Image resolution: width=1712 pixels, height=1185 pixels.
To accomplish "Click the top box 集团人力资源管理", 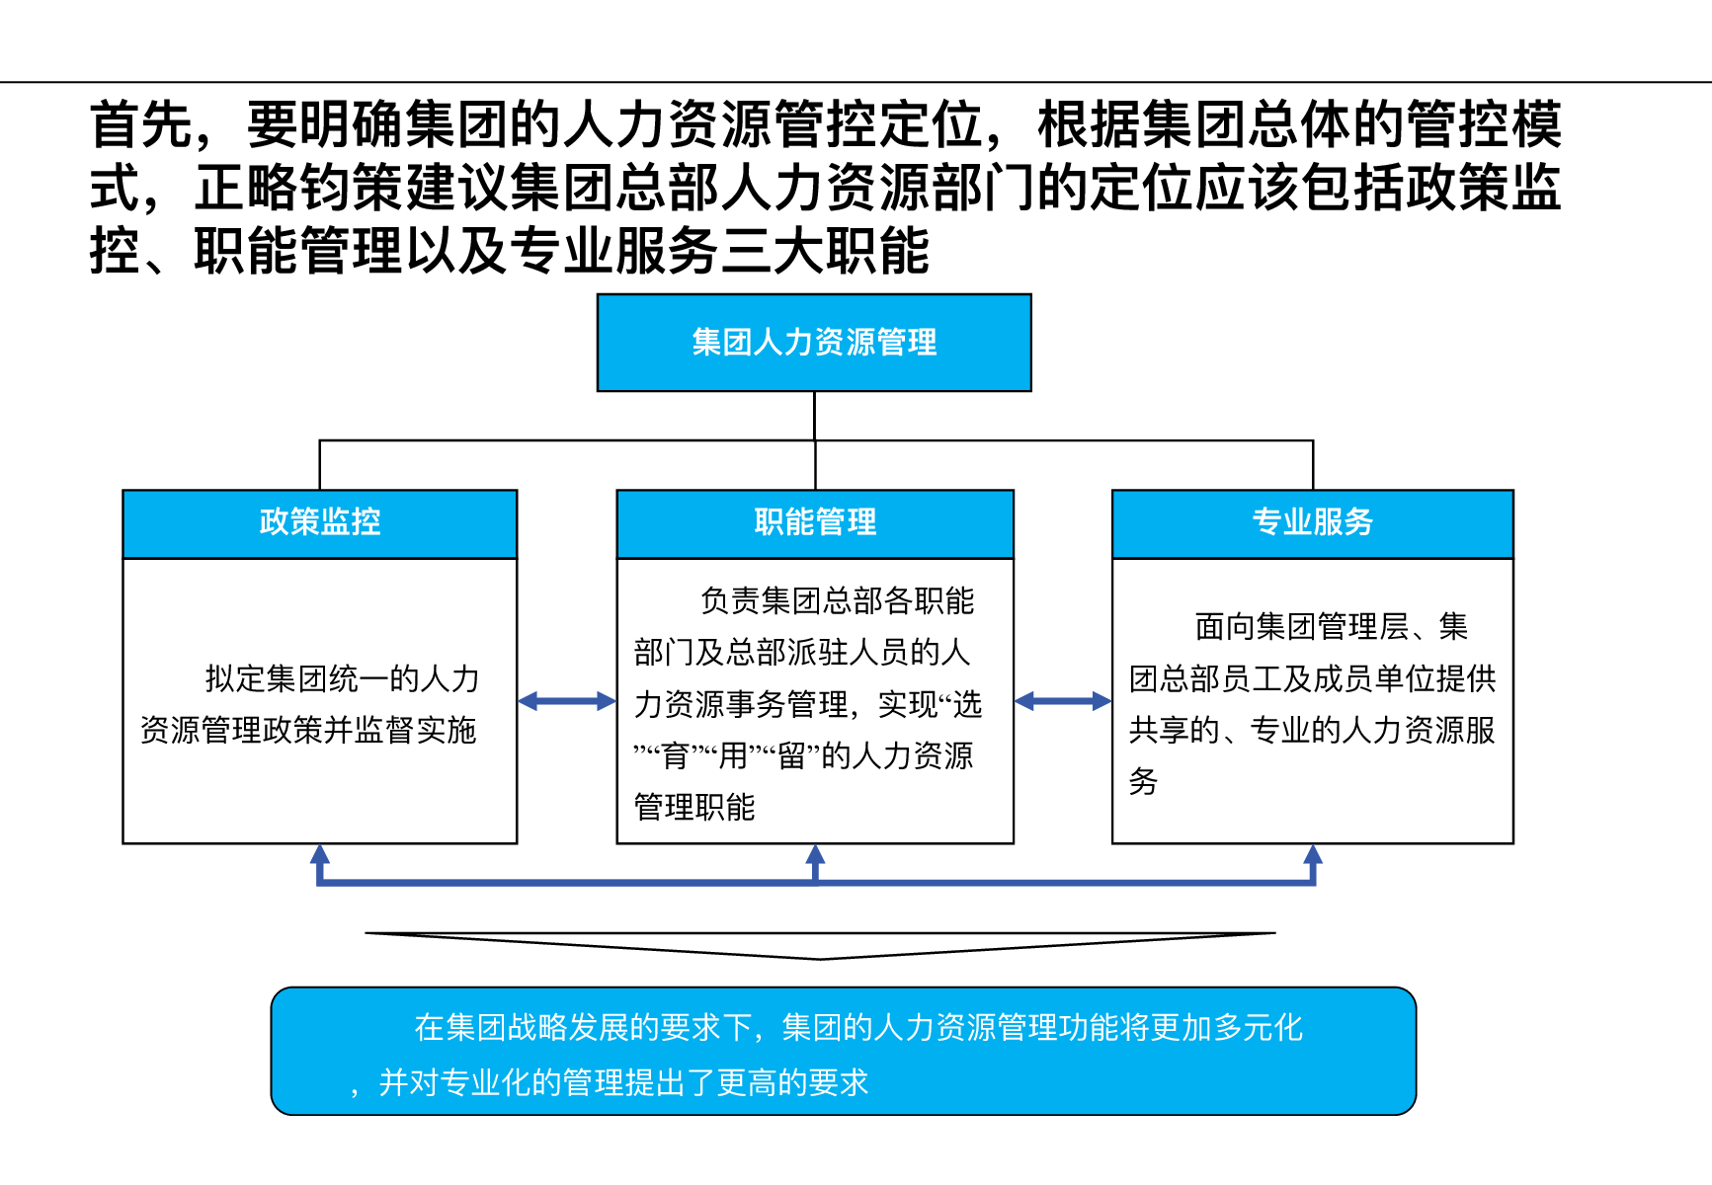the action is pos(814,343).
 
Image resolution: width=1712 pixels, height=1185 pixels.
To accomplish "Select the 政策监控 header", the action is pos(320,523).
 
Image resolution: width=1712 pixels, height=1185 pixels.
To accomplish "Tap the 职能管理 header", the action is pos(815,523).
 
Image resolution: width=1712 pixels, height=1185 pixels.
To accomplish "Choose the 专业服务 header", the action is pos(1313,523).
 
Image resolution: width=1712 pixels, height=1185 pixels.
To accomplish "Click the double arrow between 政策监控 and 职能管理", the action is pos(567,701).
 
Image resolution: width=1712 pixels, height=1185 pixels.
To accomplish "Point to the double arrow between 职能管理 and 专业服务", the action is pos(1063,701).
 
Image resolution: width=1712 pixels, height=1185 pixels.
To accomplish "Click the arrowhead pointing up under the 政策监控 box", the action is pos(320,854).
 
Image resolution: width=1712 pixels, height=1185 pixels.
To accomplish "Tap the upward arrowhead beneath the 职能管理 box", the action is pos(815,854).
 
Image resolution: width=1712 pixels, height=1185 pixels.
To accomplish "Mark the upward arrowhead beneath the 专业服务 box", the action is pos(1313,854).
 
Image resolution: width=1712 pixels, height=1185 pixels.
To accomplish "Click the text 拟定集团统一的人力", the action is pos(342,678).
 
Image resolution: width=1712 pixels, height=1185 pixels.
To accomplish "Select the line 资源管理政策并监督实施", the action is pos(308,730).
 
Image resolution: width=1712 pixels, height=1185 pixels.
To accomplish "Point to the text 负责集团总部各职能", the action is pos(837,600).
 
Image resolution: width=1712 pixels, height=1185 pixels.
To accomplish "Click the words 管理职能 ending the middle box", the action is pos(694,807).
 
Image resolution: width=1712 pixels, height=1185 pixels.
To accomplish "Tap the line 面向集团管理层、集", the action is pos(1332,626).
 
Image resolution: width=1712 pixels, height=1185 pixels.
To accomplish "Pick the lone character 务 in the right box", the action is pos(1143,781).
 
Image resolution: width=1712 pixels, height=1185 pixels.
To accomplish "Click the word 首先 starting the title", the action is pos(141,124).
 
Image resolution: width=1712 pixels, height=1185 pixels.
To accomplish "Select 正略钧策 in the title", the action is pos(299,188).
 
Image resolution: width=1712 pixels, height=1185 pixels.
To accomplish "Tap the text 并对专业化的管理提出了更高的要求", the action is pos(623,1082).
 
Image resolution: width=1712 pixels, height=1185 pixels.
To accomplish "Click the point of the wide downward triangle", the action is pos(820,959).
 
